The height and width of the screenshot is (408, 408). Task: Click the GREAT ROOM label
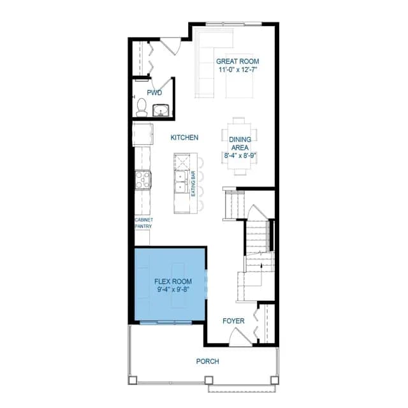pos(238,61)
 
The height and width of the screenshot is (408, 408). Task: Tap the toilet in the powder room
pos(142,107)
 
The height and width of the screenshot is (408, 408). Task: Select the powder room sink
pos(161,110)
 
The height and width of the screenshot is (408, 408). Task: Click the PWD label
pos(154,92)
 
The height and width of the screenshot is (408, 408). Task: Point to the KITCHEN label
pos(184,138)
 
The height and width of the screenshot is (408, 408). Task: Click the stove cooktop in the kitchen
pos(143,180)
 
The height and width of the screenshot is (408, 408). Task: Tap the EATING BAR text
pos(193,184)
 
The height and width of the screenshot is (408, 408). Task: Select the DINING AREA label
pos(240,143)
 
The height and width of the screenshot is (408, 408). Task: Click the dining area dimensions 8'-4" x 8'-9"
pos(240,156)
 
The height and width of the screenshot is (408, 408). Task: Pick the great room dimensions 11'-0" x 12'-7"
pos(236,69)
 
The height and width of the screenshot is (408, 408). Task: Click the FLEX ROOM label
pos(173,281)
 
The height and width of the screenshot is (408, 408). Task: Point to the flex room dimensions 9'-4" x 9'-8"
pos(173,289)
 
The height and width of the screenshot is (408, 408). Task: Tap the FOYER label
pos(234,321)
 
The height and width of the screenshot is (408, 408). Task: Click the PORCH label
pos(208,361)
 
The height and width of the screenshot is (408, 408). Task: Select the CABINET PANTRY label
pos(143,223)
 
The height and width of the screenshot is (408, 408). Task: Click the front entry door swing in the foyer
pos(240,337)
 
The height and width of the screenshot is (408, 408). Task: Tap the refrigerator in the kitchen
pos(143,135)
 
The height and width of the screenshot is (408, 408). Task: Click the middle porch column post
pos(208,380)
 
